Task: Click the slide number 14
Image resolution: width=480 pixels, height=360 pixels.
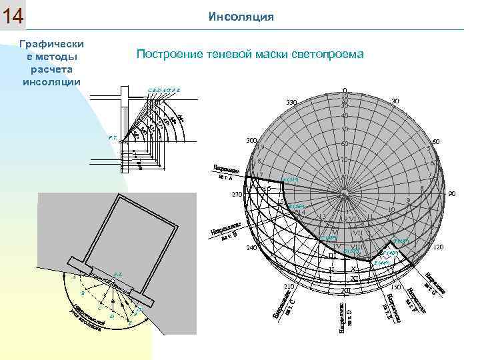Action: pyautogui.click(x=13, y=16)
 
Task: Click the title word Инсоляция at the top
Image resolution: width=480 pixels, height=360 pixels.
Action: pyautogui.click(x=241, y=16)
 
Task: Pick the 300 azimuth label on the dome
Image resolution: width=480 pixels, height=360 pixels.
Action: pyautogui.click(x=251, y=141)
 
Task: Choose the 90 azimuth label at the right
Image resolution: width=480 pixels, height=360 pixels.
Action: pyautogui.click(x=451, y=194)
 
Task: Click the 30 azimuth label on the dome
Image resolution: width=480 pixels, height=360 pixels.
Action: pyautogui.click(x=395, y=101)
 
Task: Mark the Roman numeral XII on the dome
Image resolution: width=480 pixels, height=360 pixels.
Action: pyautogui.click(x=345, y=291)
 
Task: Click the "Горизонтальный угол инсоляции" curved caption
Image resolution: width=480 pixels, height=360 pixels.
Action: pyautogui.click(x=87, y=319)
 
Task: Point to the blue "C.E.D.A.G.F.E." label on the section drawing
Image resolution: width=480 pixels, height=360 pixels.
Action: pyautogui.click(x=164, y=89)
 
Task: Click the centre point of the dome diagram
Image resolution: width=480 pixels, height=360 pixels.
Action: pyautogui.click(x=344, y=194)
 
